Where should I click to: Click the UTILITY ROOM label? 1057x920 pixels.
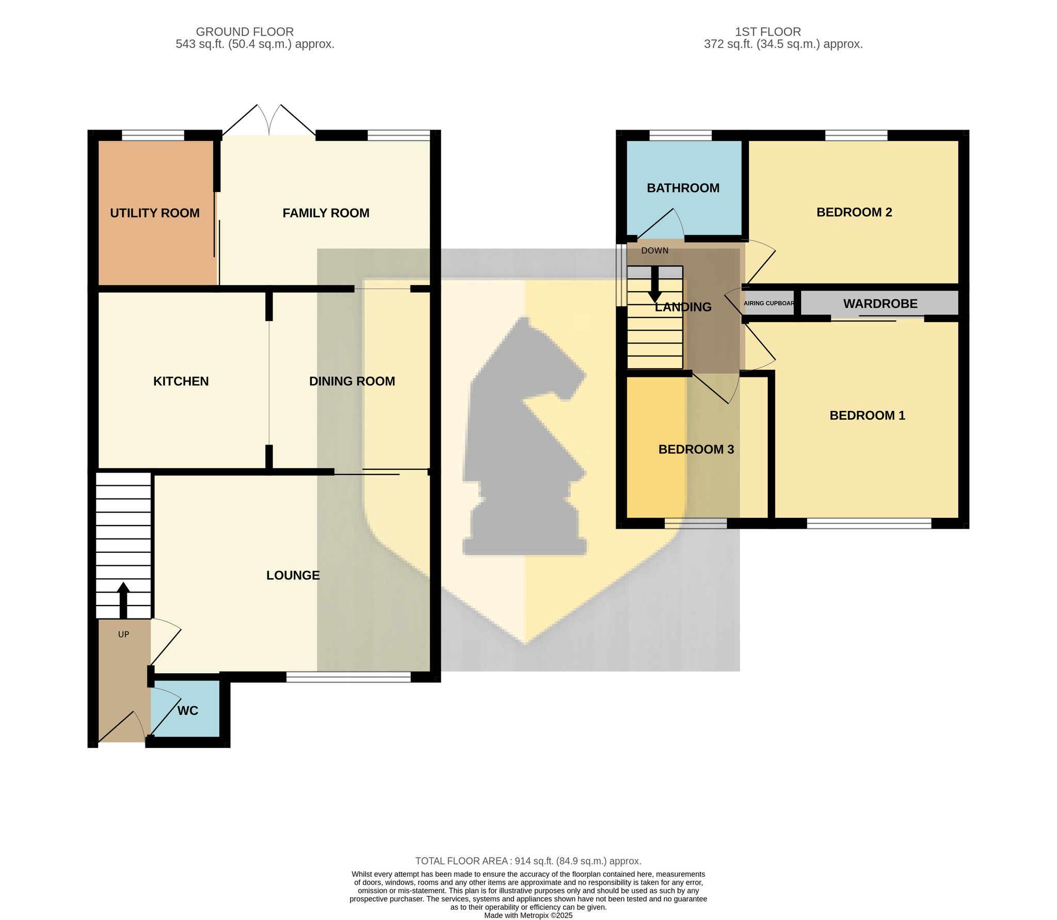coord(155,213)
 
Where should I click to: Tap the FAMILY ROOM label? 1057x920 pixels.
coord(326,213)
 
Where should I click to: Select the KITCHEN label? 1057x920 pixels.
coord(181,382)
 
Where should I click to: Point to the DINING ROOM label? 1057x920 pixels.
coord(352,382)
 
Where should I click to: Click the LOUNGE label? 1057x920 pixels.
coord(293,576)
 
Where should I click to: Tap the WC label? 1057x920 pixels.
coord(188,711)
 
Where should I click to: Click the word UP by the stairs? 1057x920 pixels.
coord(123,635)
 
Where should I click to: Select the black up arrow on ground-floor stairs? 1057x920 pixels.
coord(123,600)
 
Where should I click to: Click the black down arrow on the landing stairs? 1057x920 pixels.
coord(655,284)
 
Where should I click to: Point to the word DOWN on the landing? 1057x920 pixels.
coord(655,251)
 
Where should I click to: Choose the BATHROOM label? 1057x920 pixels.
coord(683,188)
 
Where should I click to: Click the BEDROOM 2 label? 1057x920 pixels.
coord(854,213)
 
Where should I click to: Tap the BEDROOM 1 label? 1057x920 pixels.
coord(868,416)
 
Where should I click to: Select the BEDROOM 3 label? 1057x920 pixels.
coord(696,450)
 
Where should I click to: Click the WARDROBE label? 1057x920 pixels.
coord(880,304)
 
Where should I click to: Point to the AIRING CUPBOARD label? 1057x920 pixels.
coord(769,304)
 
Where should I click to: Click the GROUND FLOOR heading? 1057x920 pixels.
coord(245,32)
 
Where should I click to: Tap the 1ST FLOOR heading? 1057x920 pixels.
coord(768,32)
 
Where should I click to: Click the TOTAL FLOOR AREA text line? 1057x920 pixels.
coord(528,861)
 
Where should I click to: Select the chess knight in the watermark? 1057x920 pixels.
coord(525,439)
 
